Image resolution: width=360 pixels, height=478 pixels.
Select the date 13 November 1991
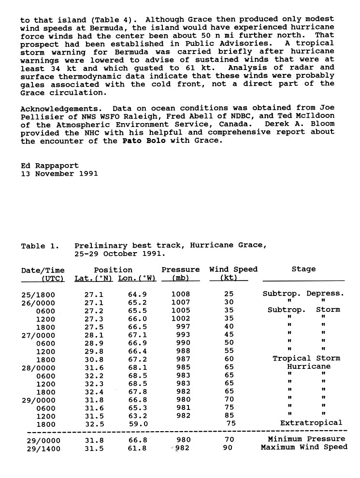pyautogui.click(x=59, y=173)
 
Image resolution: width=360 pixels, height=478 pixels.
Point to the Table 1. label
pyautogui.click(x=40, y=246)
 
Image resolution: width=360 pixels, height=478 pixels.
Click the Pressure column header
pyautogui.click(x=180, y=269)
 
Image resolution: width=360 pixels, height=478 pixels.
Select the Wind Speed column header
pyautogui.click(x=233, y=269)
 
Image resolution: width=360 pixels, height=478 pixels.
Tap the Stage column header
pyautogui.click(x=303, y=269)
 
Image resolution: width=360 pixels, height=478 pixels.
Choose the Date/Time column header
pyautogui.click(x=43, y=270)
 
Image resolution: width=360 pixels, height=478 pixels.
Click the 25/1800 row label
pyautogui.click(x=38, y=294)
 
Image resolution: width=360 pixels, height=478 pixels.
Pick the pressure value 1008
pyautogui.click(x=181, y=294)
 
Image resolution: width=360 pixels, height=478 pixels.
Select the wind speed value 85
pyautogui.click(x=229, y=415)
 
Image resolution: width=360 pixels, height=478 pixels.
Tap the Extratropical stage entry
pyautogui.click(x=311, y=423)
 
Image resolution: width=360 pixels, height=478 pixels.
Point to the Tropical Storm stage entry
pyautogui.click(x=306, y=358)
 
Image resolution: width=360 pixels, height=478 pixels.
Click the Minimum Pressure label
pyautogui.click(x=306, y=439)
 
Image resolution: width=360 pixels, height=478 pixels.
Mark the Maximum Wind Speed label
pyautogui.click(x=304, y=448)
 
